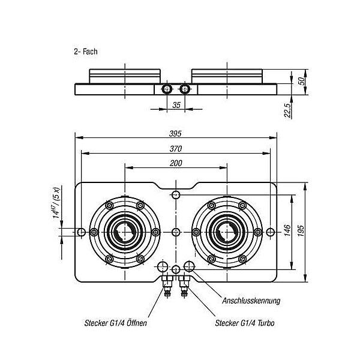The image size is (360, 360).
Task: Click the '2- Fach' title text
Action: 86,52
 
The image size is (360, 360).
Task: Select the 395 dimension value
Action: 175,133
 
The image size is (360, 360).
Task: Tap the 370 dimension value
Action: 175,149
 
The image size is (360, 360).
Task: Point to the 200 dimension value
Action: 175,164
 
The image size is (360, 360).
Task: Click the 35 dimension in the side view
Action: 176,104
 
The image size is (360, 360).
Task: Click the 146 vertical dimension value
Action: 287,230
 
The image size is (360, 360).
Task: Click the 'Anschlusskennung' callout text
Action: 251,301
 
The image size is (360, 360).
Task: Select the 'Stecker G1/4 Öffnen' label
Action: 116,323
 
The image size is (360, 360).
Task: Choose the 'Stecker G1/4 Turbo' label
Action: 245,323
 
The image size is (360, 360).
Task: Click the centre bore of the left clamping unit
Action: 125,231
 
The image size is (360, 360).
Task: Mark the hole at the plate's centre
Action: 176,232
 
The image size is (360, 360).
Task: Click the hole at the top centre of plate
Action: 176,195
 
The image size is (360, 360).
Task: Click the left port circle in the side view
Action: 167,89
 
